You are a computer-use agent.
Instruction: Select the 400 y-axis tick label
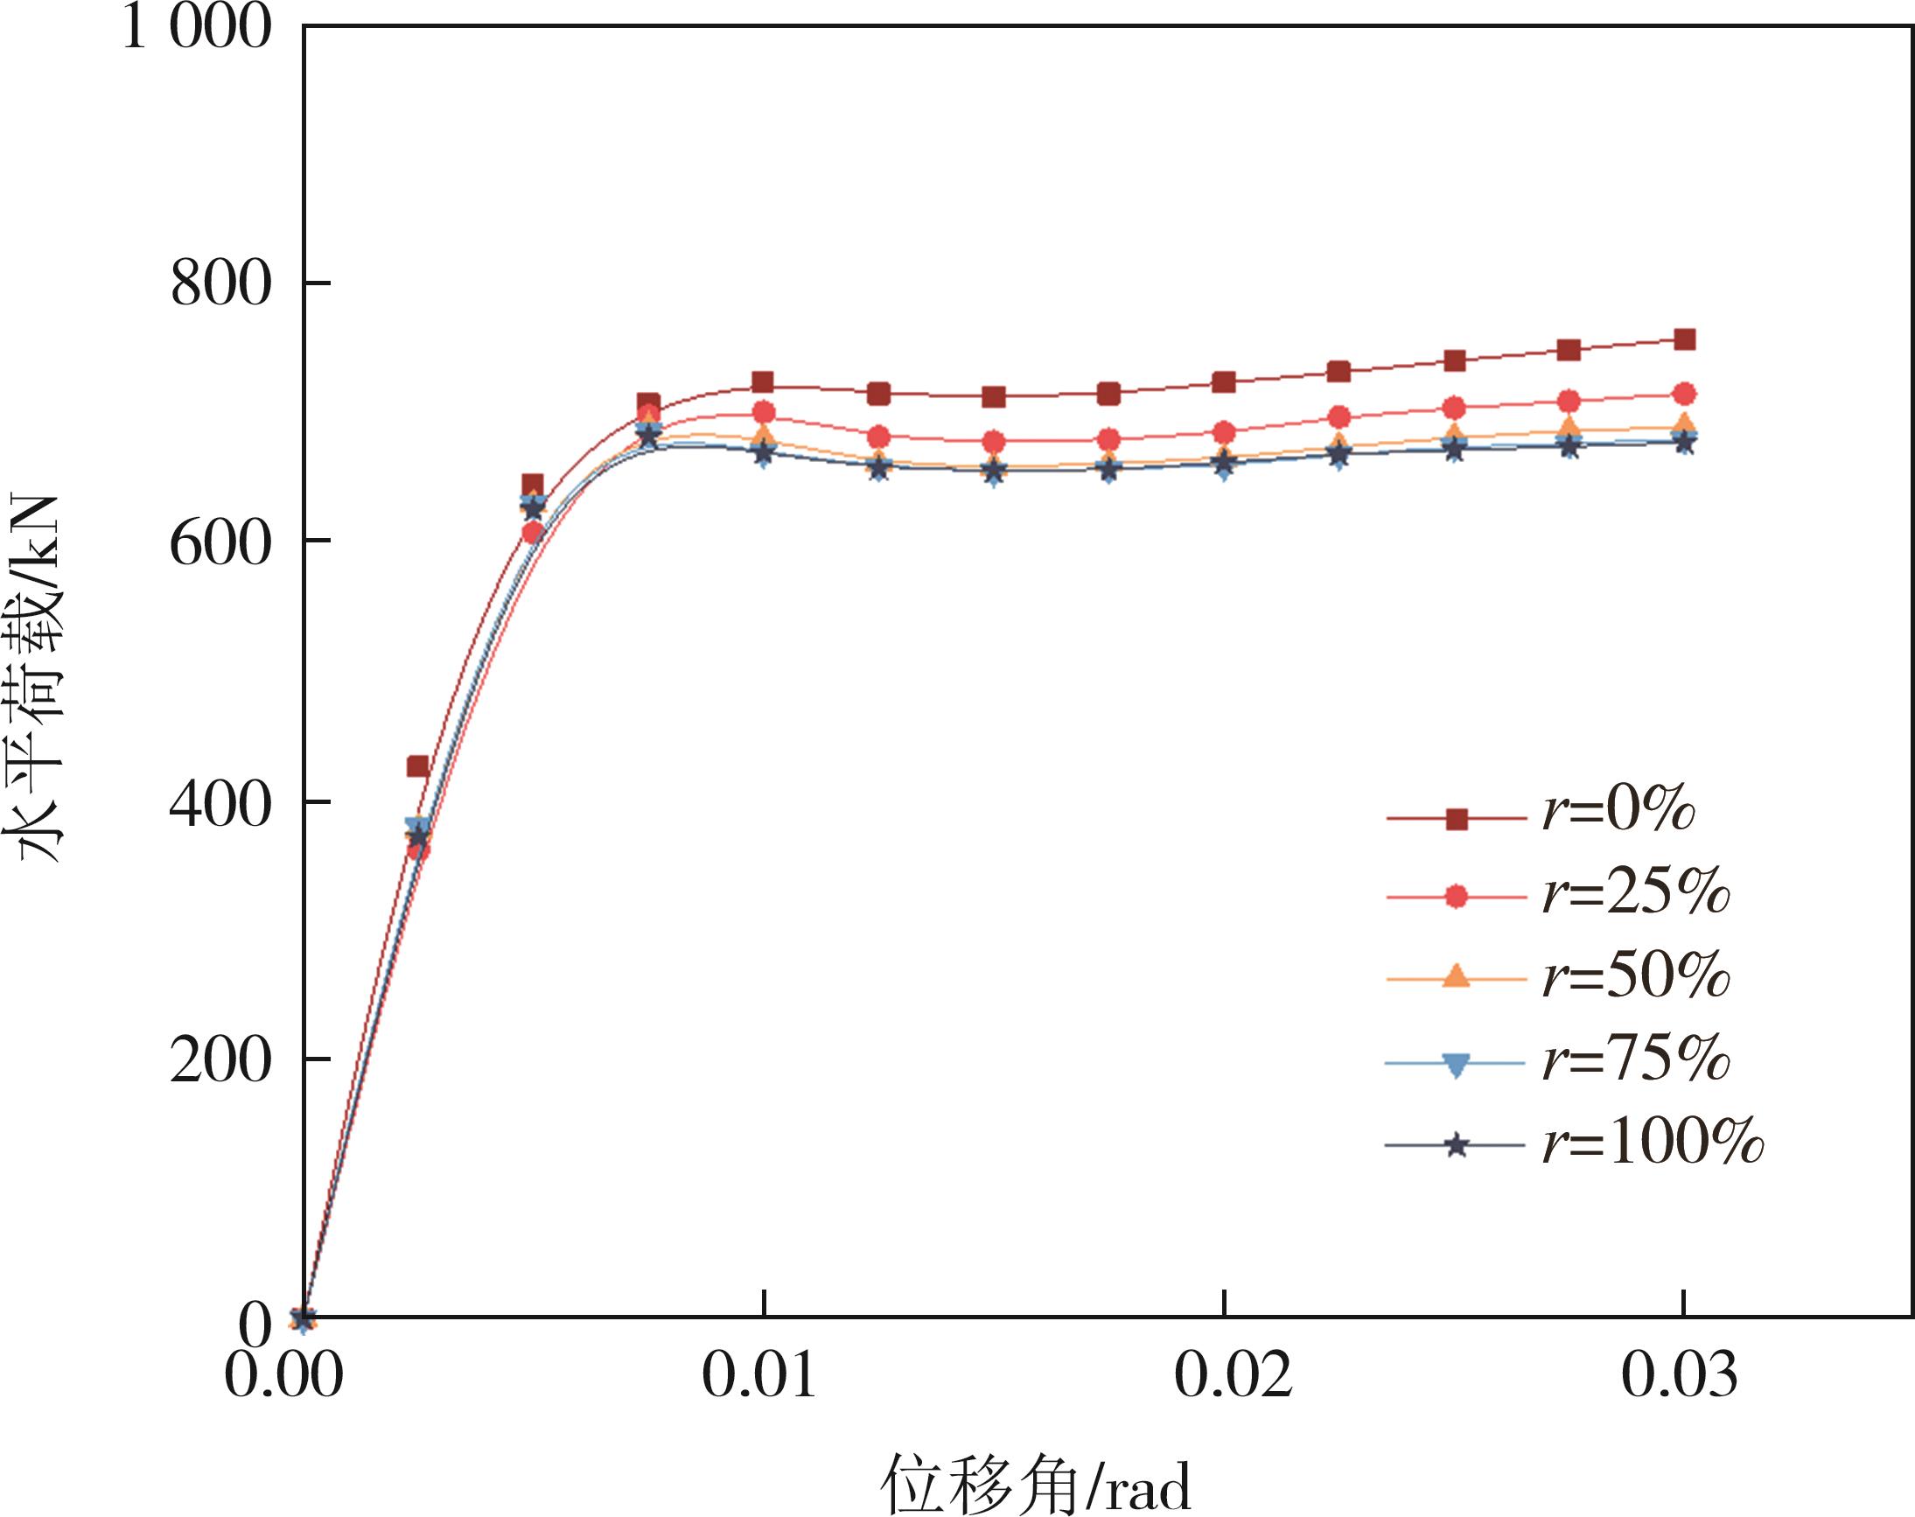(x=220, y=805)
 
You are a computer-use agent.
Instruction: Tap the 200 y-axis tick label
(x=220, y=1062)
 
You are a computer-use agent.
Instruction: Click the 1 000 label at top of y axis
(x=195, y=28)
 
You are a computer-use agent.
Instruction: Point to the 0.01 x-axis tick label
(x=759, y=1376)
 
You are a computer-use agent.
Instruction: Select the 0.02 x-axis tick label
(x=1233, y=1376)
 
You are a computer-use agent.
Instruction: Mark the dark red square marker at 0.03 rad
(x=1684, y=339)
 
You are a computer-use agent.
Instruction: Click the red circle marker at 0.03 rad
(x=1684, y=394)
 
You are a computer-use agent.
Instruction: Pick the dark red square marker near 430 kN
(x=417, y=766)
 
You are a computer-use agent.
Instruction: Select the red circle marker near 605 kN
(x=532, y=533)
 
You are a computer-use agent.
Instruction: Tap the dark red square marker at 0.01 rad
(x=762, y=383)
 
